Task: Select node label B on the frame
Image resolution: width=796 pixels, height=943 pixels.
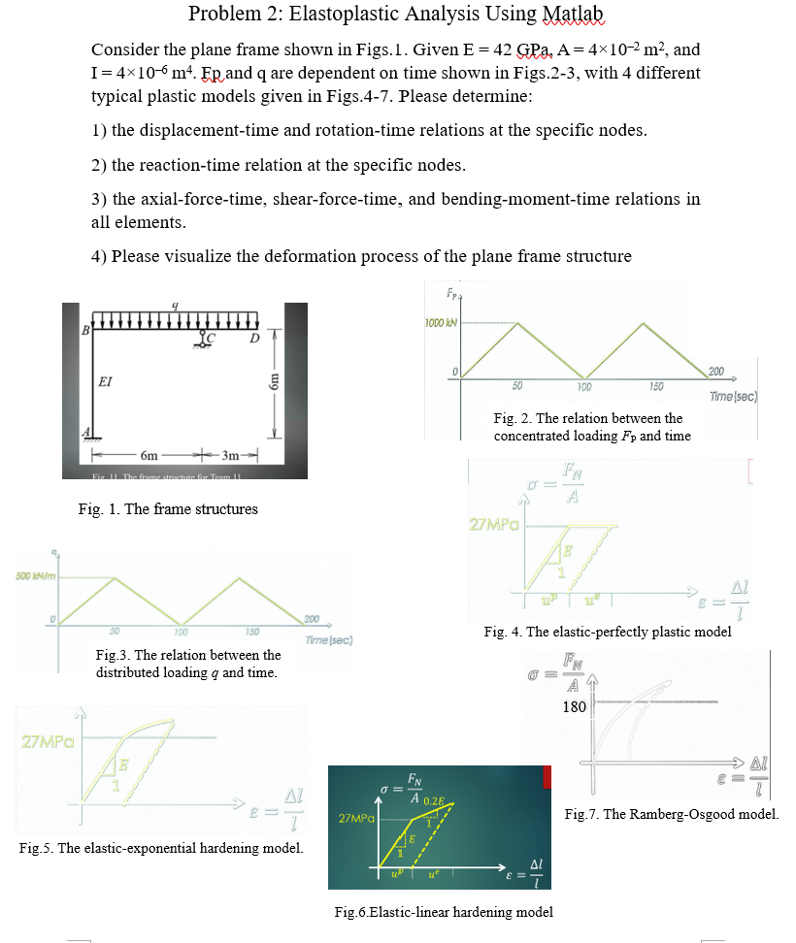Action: [85, 332]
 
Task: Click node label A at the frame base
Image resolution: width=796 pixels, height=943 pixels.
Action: [85, 431]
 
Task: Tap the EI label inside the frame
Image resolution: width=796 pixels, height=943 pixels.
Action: [106, 380]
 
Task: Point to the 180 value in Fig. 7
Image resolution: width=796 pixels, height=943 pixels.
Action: [574, 706]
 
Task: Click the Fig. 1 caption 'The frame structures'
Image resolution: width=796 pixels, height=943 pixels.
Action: [168, 508]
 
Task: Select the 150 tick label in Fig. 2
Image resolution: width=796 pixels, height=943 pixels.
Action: [655, 386]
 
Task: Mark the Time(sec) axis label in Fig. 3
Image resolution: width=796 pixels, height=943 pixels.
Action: [327, 640]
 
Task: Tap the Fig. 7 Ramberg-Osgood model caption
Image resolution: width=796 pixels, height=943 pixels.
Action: [671, 814]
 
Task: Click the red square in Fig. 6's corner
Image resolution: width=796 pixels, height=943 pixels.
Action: [547, 776]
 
